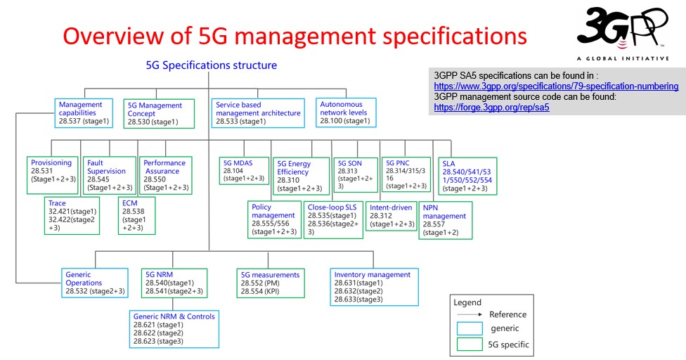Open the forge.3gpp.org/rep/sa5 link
point(491,108)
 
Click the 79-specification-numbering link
point(556,86)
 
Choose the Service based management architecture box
point(258,112)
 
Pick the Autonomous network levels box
point(346,112)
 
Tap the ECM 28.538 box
point(136,216)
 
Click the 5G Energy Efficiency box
point(302,176)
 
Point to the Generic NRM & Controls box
point(174,328)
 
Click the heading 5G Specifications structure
point(211,65)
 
